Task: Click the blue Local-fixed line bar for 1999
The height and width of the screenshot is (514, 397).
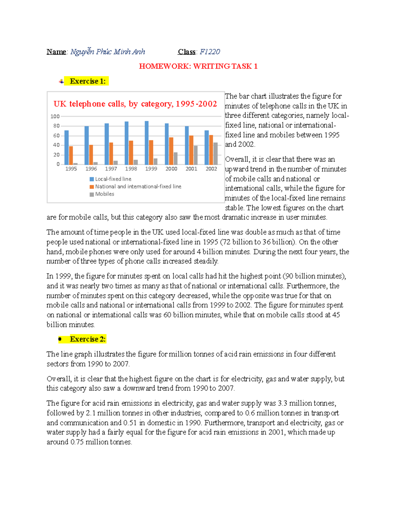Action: pyautogui.click(x=147, y=143)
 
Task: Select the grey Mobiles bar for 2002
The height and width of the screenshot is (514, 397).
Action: pyautogui.click(x=216, y=154)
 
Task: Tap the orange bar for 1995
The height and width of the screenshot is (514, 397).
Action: pyautogui.click(x=71, y=156)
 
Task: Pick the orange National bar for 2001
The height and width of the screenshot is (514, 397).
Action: pyautogui.click(x=191, y=150)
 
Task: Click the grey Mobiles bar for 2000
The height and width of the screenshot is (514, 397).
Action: pyautogui.click(x=176, y=159)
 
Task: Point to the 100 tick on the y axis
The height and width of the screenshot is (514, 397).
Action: pyautogui.click(x=55, y=116)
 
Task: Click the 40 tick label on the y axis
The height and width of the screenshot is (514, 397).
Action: pyautogui.click(x=56, y=145)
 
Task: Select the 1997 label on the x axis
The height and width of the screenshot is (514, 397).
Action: pyautogui.click(x=111, y=169)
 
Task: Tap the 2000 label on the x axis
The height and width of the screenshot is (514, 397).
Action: pyautogui.click(x=171, y=169)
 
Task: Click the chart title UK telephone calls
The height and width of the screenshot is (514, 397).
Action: pyautogui.click(x=135, y=104)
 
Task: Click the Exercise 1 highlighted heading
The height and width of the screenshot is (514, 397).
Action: pyautogui.click(x=88, y=81)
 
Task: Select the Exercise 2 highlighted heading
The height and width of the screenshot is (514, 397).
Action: pyautogui.click(x=88, y=339)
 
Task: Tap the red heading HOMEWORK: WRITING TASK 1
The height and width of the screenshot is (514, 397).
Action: pyautogui.click(x=198, y=66)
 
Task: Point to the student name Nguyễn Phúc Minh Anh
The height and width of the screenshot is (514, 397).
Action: pyautogui.click(x=108, y=52)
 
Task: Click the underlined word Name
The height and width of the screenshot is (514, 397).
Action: pyautogui.click(x=56, y=52)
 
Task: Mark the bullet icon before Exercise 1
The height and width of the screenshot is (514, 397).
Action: pyautogui.click(x=61, y=81)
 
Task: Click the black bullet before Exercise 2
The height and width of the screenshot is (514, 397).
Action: pyautogui.click(x=60, y=339)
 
